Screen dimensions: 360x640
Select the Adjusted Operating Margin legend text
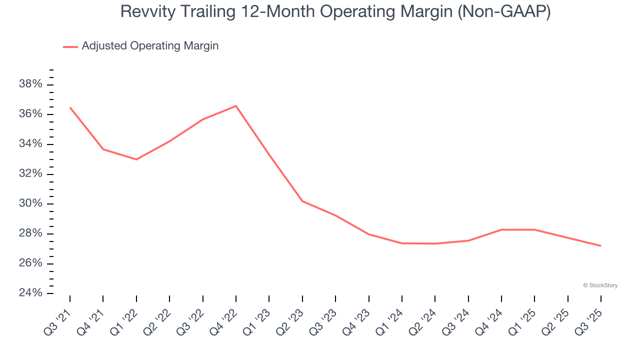coord(150,46)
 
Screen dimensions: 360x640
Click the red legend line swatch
coord(70,46)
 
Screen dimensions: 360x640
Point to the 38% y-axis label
coord(30,84)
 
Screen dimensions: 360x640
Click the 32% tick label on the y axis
coord(30,174)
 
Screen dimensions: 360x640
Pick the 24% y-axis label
coord(30,293)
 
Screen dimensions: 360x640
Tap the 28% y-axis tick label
coord(30,233)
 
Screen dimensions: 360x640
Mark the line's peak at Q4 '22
coord(236,106)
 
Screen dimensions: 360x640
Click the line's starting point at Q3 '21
coord(70,107)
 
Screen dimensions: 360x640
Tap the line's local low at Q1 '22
coord(136,159)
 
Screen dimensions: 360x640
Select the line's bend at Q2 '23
coord(302,201)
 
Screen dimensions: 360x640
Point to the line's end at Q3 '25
coord(600,245)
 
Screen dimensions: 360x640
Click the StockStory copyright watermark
coord(600,285)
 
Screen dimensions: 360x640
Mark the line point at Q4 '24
coord(501,229)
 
